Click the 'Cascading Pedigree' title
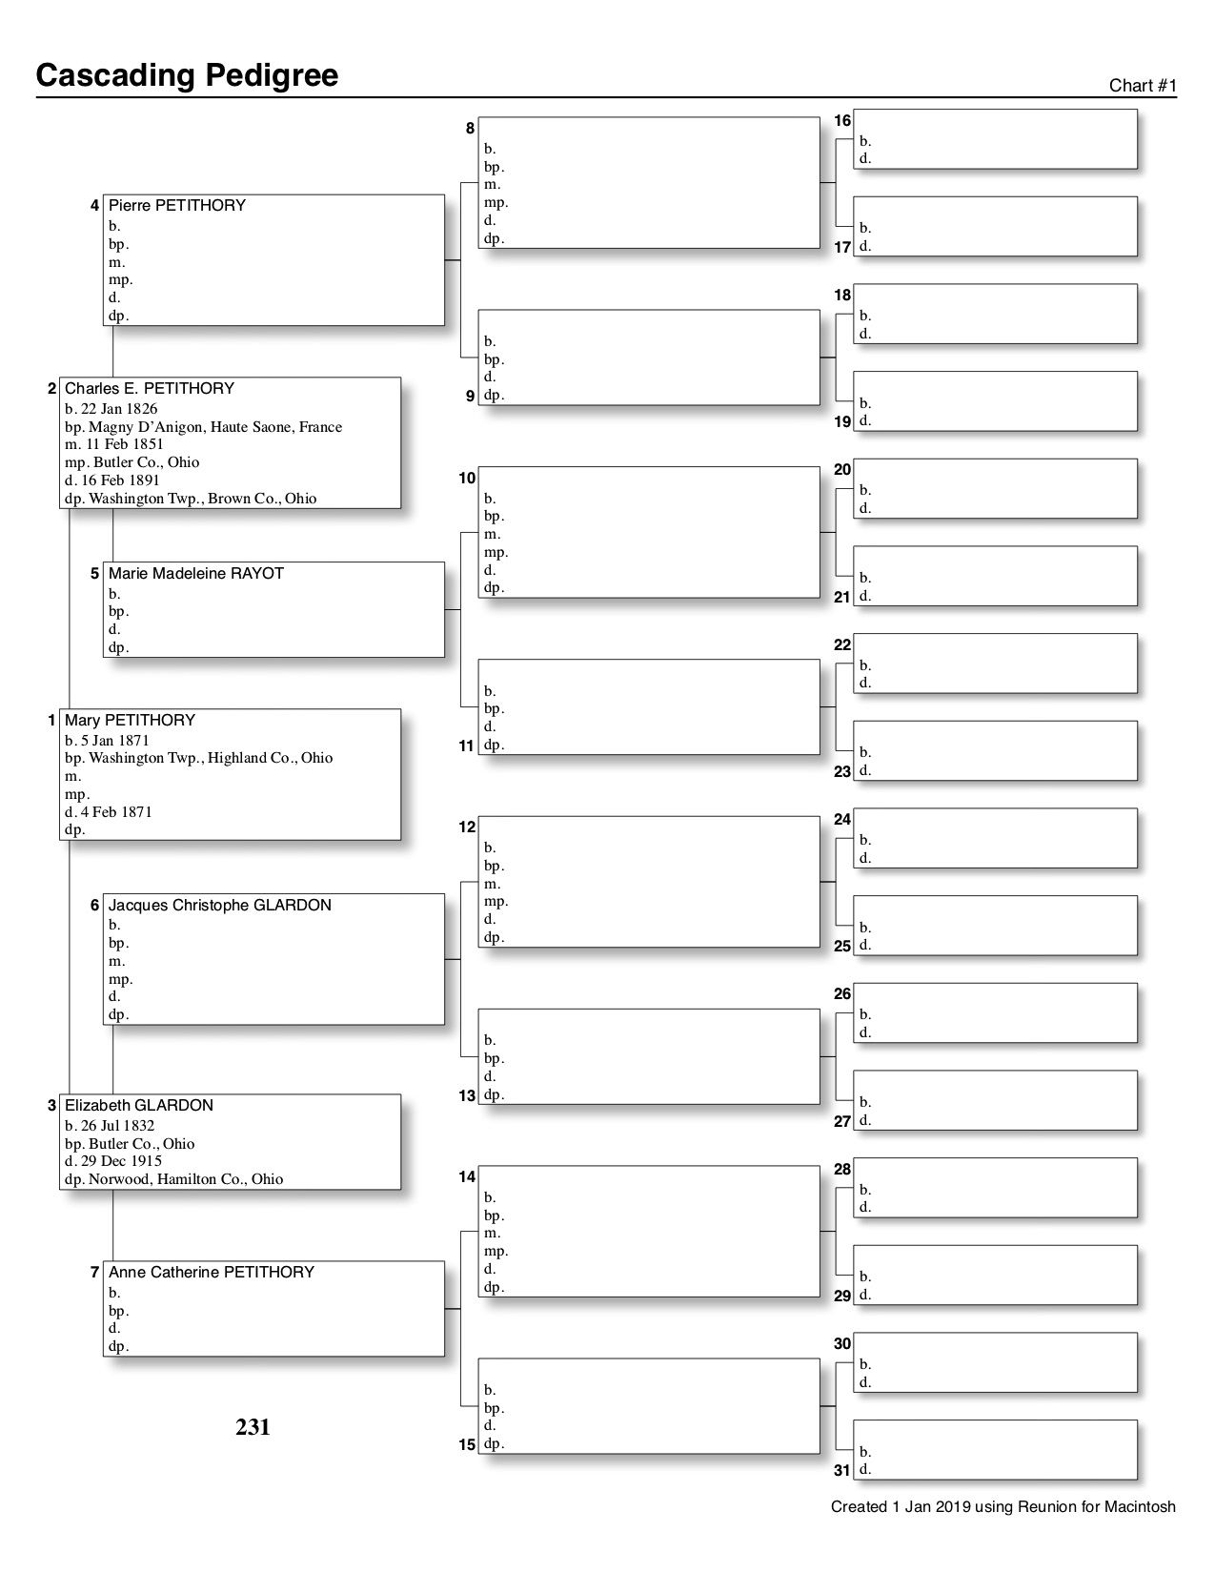187,75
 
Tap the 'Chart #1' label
1143,86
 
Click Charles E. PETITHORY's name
149,389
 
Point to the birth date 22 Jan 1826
111,409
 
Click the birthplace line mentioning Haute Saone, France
203,427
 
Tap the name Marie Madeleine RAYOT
195,574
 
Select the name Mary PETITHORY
130,721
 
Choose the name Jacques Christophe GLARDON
219,906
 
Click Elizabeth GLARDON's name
138,1106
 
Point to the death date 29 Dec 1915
112,1161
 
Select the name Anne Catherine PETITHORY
211,1273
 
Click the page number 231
253,1427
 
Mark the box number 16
842,121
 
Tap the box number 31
842,1471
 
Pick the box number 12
467,827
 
